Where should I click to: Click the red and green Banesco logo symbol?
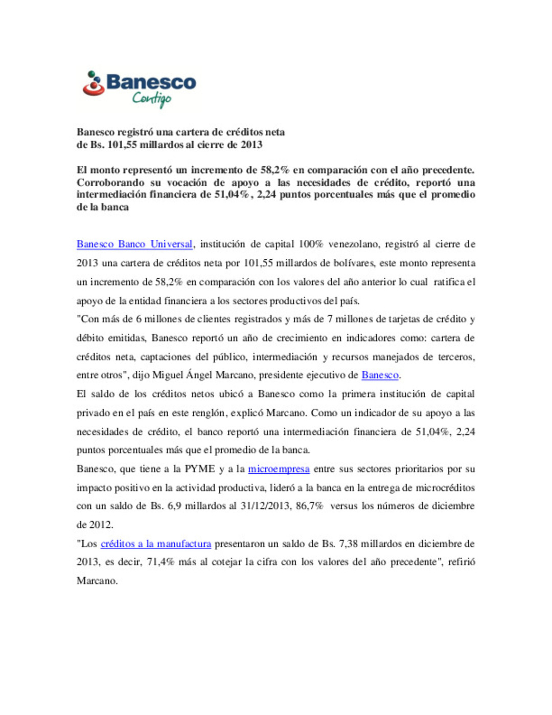click(94, 84)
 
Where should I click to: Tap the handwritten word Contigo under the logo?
click(152, 98)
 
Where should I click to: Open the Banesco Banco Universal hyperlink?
click(134, 244)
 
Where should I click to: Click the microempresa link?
click(279, 468)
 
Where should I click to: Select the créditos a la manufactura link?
click(156, 544)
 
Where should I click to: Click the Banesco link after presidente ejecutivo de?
click(380, 375)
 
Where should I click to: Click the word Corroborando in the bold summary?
click(110, 183)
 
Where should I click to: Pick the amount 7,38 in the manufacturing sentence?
click(349, 544)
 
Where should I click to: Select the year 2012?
click(101, 525)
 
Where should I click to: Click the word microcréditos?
click(445, 487)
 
